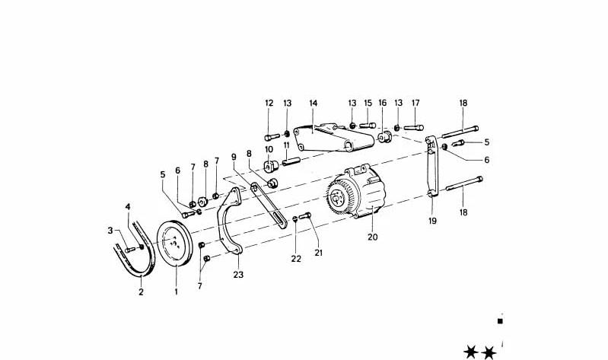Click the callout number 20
coord(372,237)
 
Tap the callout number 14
coord(314,104)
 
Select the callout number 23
coord(238,275)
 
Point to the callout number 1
coord(176,291)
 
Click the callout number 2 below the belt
coord(141,292)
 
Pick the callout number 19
coord(432,221)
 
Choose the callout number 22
coord(296,259)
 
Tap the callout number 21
coord(318,253)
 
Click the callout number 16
coord(383,104)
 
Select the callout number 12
coord(269,104)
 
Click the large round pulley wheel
coord(174,244)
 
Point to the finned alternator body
coord(355,192)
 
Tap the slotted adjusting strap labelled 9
coord(269,205)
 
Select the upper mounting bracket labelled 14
coord(333,139)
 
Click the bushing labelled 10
coord(271,166)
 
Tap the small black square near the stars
coord(500,321)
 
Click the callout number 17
coord(415,104)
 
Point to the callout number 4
coord(128,207)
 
